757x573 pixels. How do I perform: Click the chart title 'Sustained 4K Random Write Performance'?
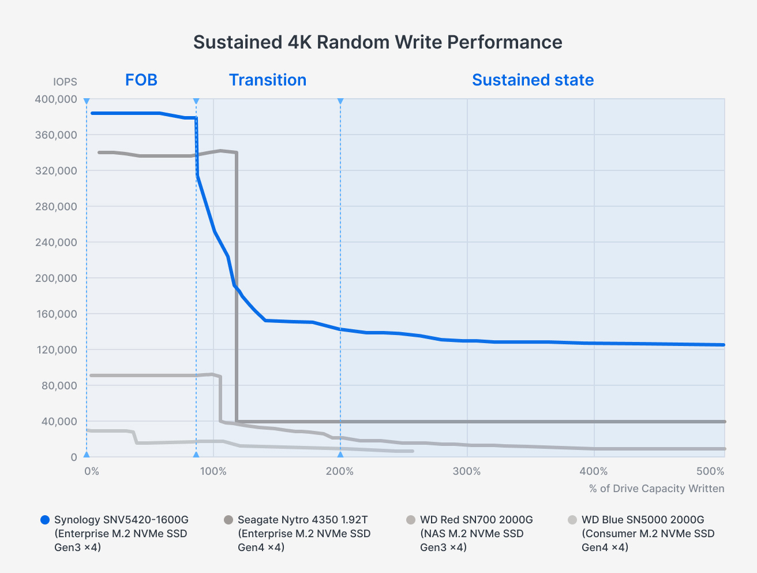[x=377, y=42]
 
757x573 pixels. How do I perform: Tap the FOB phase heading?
[x=141, y=80]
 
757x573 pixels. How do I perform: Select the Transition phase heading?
[x=268, y=80]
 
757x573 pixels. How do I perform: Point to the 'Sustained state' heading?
[x=533, y=80]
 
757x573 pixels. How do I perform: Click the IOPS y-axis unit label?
[x=65, y=82]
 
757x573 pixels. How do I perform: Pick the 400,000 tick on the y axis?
[x=56, y=99]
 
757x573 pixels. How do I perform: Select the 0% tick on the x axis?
[x=92, y=471]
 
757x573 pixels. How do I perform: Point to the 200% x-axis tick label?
[x=340, y=471]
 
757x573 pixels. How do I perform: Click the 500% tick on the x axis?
[x=710, y=471]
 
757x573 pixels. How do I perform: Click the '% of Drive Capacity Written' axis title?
[x=657, y=489]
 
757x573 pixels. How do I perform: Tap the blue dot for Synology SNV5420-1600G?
[x=46, y=520]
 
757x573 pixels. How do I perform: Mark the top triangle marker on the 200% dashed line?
[x=340, y=101]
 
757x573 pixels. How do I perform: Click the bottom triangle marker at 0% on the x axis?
[x=87, y=455]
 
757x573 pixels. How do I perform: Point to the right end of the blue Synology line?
[x=723, y=345]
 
